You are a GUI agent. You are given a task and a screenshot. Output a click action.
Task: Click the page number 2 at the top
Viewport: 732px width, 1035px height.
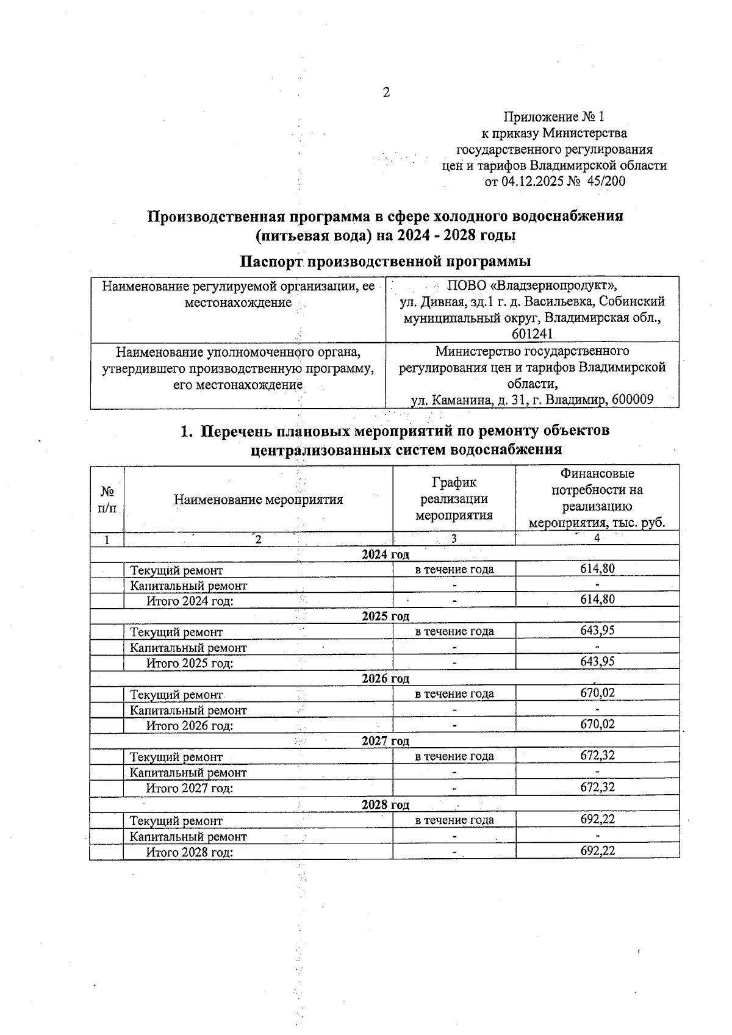[x=385, y=93]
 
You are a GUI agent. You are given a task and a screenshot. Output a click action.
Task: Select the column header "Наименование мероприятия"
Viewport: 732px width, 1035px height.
[x=258, y=500]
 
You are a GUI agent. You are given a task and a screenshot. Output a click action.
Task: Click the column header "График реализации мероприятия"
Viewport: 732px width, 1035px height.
[x=454, y=499]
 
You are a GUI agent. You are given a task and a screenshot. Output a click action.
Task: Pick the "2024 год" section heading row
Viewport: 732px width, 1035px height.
[x=385, y=554]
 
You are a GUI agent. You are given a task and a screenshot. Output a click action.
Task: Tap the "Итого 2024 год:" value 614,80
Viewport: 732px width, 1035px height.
[x=597, y=600]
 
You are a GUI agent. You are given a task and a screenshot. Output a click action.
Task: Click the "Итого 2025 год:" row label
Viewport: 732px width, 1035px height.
[x=190, y=663]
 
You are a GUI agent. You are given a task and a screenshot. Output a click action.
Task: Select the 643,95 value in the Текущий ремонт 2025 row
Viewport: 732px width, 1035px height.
[x=597, y=631]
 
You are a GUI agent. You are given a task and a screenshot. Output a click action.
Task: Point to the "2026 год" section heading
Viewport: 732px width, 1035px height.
[x=385, y=678]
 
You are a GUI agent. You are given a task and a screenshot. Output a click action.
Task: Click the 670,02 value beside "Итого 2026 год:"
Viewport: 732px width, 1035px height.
[x=597, y=725]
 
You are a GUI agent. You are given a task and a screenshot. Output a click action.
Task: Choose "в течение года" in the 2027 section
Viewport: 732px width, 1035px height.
[x=454, y=756]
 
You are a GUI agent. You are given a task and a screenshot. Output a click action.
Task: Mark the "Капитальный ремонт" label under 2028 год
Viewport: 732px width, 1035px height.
[x=188, y=837]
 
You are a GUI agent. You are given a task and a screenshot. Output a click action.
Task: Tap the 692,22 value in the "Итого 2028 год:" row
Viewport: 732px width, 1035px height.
[x=597, y=851]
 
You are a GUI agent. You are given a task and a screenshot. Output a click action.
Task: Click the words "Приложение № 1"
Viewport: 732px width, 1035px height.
[x=554, y=116]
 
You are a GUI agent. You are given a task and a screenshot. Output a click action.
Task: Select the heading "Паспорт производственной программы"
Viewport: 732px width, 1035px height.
[x=385, y=262]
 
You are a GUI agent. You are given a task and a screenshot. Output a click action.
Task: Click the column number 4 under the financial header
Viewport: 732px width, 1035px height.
[x=597, y=538]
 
